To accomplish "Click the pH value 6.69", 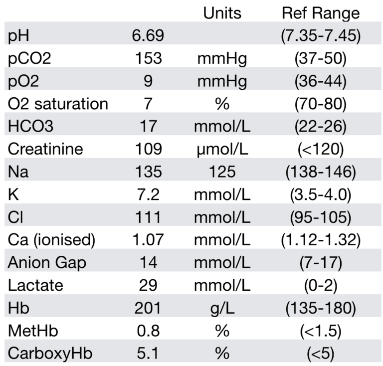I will click(149, 36).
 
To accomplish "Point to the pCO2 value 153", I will click(149, 58).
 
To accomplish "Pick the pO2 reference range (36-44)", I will click(318, 81).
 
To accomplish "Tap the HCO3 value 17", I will click(149, 126).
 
